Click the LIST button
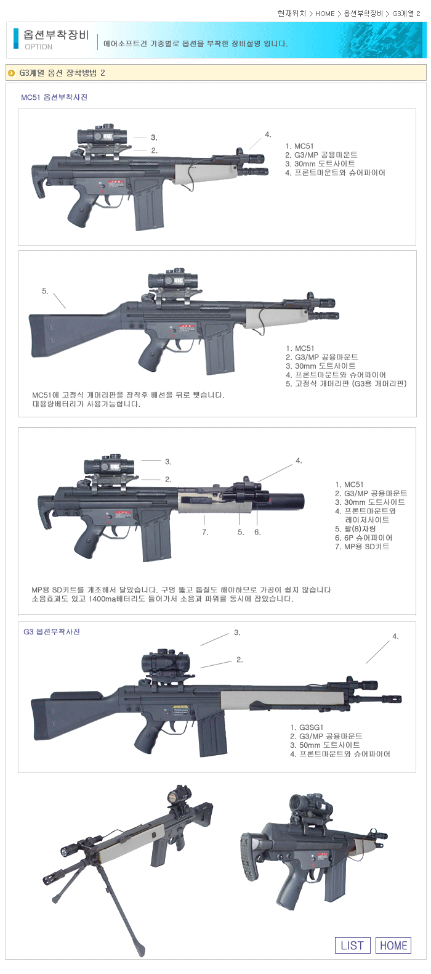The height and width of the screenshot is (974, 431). click(x=352, y=946)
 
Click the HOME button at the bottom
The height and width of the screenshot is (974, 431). click(x=393, y=946)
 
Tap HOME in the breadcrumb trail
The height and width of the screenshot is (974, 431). click(x=325, y=14)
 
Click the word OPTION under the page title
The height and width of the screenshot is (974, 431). click(x=38, y=47)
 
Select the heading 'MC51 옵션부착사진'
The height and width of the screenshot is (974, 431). click(x=54, y=97)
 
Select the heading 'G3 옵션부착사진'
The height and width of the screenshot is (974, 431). click(x=52, y=632)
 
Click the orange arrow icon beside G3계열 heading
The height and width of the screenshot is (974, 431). click(x=12, y=73)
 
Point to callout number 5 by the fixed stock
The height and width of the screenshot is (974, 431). click(x=45, y=291)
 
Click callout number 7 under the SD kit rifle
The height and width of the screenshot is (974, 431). click(x=205, y=532)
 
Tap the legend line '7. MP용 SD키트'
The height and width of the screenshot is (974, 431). click(x=362, y=547)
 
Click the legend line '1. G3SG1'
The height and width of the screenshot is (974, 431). click(x=307, y=727)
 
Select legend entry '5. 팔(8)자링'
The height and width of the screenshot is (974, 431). click(x=355, y=529)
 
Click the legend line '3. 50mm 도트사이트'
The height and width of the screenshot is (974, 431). click(x=325, y=745)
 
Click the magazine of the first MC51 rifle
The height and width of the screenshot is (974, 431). click(x=148, y=203)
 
